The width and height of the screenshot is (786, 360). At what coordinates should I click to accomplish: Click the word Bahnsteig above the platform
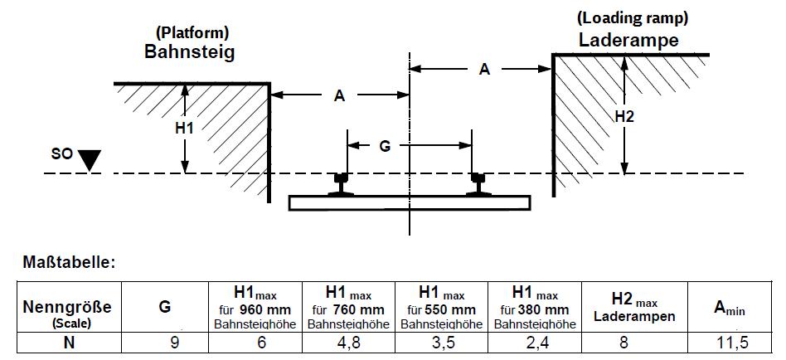[x=190, y=52]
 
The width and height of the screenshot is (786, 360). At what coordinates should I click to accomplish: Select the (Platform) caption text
[x=192, y=33]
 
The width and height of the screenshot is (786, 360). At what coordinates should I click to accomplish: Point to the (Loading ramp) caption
[x=632, y=17]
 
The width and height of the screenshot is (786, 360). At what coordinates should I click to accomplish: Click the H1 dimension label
[x=184, y=128]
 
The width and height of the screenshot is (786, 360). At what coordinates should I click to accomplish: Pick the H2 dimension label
[x=625, y=117]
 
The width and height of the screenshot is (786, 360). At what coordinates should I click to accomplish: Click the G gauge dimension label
[x=384, y=146]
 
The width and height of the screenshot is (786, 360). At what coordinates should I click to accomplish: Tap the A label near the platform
[x=338, y=96]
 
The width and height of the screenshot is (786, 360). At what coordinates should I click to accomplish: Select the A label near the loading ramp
[x=484, y=70]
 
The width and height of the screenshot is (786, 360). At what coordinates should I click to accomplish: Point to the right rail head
[x=478, y=178]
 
